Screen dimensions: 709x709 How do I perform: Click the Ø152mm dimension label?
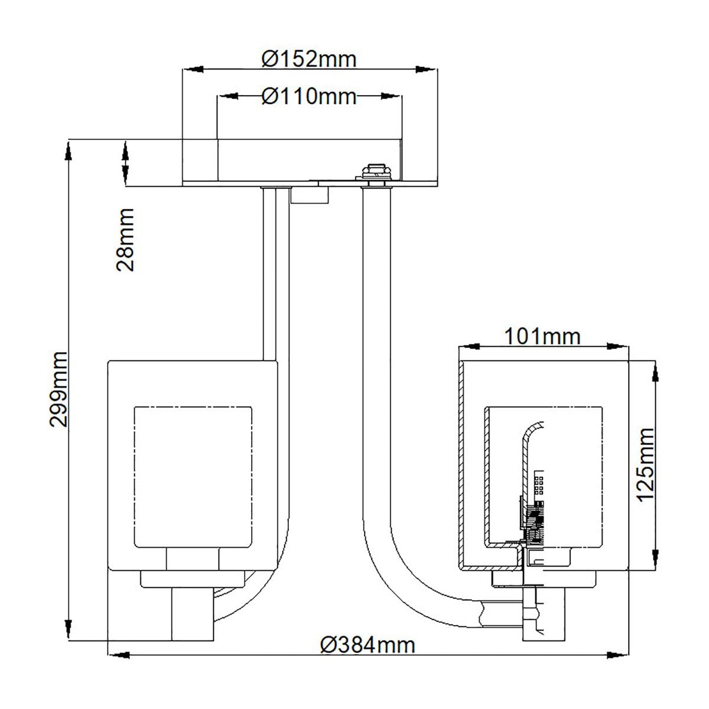(x=309, y=59)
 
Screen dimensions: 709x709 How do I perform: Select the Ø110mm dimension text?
(x=309, y=96)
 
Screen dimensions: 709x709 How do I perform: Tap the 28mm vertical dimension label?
(x=125, y=239)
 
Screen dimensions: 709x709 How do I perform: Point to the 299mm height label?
(x=59, y=388)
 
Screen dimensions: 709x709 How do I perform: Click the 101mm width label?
(x=542, y=336)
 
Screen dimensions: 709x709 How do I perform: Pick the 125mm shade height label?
(x=646, y=464)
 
